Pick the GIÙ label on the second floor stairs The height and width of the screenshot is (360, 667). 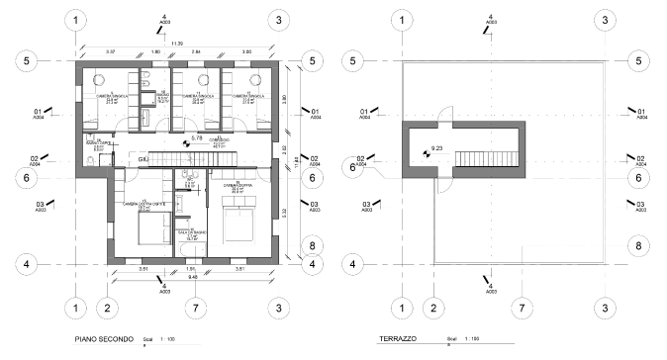pyautogui.click(x=143, y=159)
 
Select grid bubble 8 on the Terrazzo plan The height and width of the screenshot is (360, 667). pyautogui.click(x=639, y=245)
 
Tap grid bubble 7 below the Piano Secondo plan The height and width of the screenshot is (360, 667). pyautogui.click(x=196, y=307)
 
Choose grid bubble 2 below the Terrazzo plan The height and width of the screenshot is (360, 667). pyautogui.click(x=432, y=307)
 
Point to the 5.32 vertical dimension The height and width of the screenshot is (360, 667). pyautogui.click(x=285, y=211)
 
